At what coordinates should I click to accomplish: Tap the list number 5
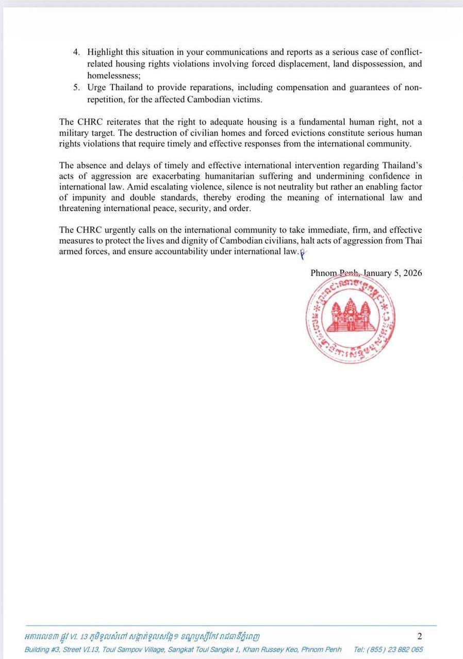[x=76, y=87]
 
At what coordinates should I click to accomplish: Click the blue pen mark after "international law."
[x=303, y=253]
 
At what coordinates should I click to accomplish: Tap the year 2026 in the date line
[x=412, y=273]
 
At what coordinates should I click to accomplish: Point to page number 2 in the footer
[x=419, y=636]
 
